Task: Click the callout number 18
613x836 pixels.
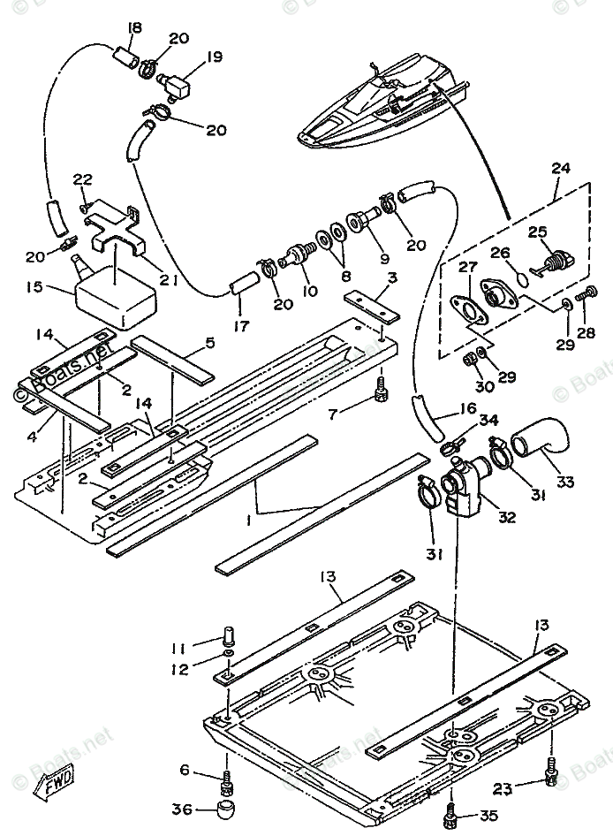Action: tap(133, 28)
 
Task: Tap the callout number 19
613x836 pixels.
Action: tap(215, 58)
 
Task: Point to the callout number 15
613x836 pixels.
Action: tap(34, 288)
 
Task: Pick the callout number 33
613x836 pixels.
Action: tap(564, 483)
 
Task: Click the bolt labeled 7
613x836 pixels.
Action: tap(381, 389)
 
